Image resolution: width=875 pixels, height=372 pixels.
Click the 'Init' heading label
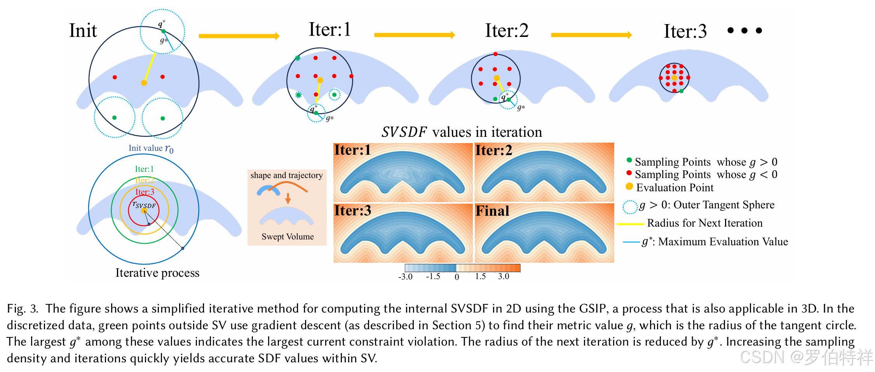[83, 31]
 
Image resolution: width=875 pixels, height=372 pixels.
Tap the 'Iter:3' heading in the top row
[685, 31]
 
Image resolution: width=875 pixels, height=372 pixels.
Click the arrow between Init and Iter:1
[239, 36]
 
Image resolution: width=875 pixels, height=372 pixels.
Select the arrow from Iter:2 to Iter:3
[591, 35]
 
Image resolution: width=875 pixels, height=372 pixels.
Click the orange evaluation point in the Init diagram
[144, 83]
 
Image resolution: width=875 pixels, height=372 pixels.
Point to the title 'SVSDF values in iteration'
[462, 132]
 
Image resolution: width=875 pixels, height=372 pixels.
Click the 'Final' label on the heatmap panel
[492, 211]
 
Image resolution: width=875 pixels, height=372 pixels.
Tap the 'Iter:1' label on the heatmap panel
[352, 150]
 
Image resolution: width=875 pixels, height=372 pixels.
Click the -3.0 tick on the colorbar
[405, 277]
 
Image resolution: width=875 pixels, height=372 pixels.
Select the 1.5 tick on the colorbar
[480, 276]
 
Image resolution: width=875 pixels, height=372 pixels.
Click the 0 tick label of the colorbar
[457, 277]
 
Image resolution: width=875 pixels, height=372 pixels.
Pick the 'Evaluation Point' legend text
[675, 188]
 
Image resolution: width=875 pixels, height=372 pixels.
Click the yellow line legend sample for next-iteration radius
[630, 224]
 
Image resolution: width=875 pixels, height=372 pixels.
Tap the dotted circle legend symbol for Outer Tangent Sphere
[630, 207]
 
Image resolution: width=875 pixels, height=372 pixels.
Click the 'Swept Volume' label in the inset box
[288, 237]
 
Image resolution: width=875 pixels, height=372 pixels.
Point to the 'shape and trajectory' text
[286, 175]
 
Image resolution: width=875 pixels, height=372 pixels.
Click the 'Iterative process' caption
[157, 273]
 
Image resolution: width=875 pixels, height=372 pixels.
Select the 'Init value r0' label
[151, 148]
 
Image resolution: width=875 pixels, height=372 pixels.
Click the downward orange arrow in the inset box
[288, 198]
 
